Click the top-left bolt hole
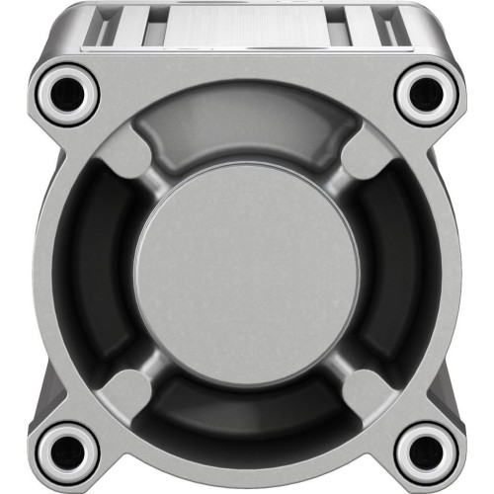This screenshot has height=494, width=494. click(68, 92)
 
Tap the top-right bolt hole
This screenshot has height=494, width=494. click(426, 92)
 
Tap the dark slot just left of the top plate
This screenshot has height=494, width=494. click(156, 30)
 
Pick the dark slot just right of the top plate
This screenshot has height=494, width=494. click(339, 30)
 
